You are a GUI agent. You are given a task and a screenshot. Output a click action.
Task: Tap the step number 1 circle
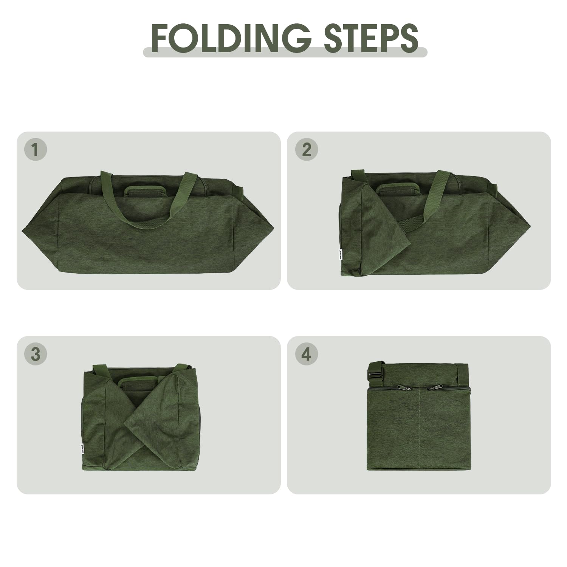click(36, 150)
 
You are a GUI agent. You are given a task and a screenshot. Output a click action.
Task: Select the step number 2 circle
click(307, 150)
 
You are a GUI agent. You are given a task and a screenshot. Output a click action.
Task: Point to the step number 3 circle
click(36, 354)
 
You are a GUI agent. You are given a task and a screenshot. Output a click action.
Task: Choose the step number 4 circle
click(307, 354)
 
